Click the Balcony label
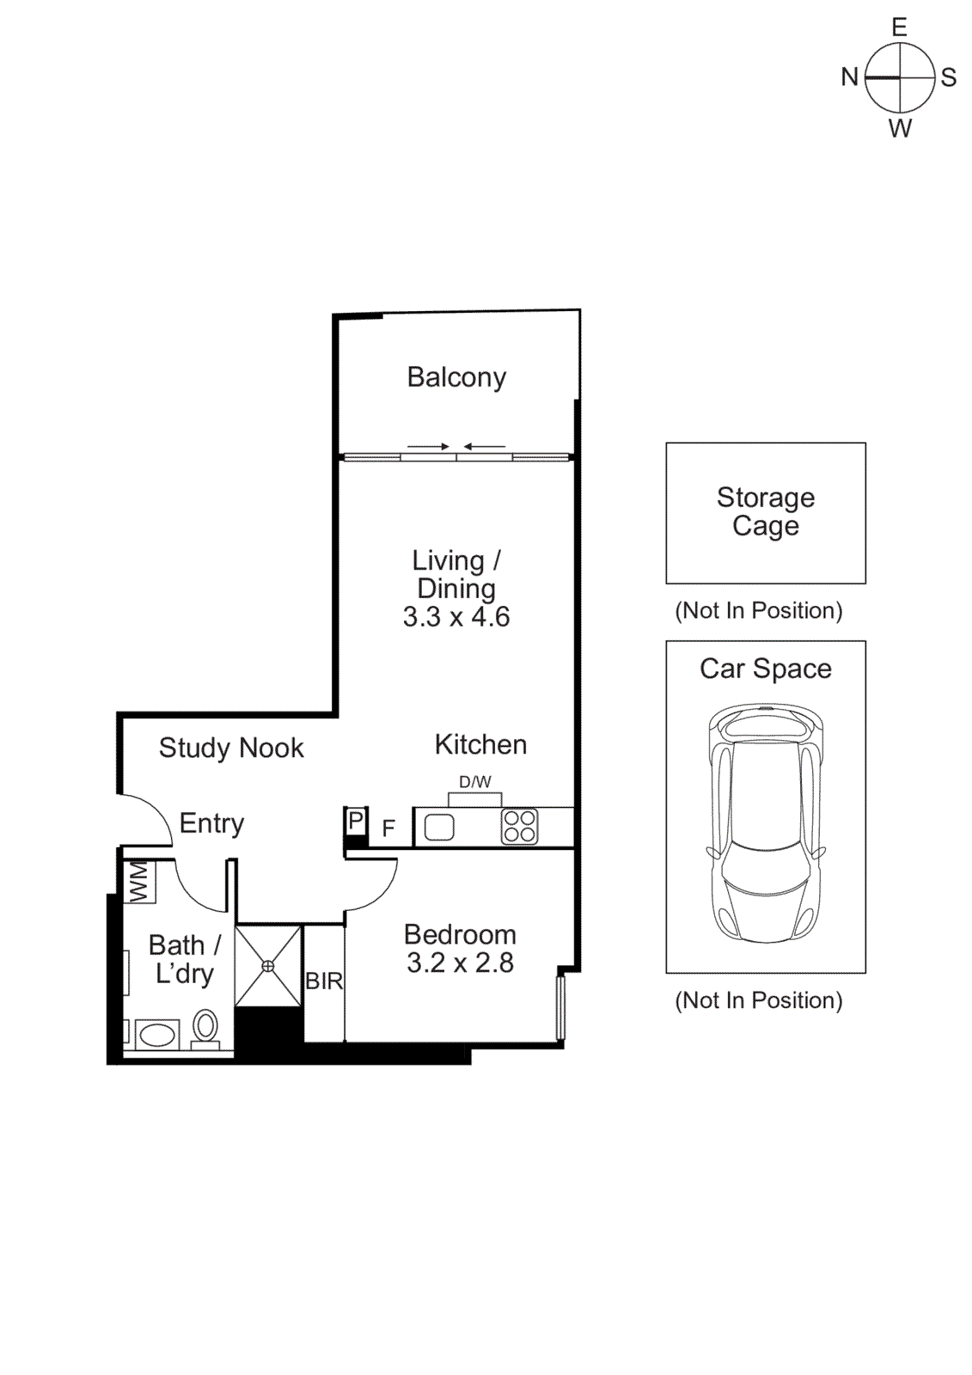click(x=456, y=377)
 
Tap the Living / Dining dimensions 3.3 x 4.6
click(x=456, y=617)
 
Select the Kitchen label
click(x=480, y=744)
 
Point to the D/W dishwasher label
click(x=475, y=782)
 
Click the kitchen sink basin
click(x=439, y=828)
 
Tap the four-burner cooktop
click(x=520, y=827)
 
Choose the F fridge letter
click(x=388, y=828)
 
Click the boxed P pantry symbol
click(x=356, y=821)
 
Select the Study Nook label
click(x=231, y=749)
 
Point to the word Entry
click(x=211, y=823)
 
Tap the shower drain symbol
click(x=268, y=966)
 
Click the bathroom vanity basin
click(x=157, y=1034)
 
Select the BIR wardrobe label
click(x=324, y=981)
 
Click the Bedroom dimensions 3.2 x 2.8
click(x=460, y=963)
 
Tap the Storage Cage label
click(x=765, y=511)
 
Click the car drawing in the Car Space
click(x=765, y=823)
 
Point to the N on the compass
click(x=849, y=77)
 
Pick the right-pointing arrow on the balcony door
click(x=428, y=447)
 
